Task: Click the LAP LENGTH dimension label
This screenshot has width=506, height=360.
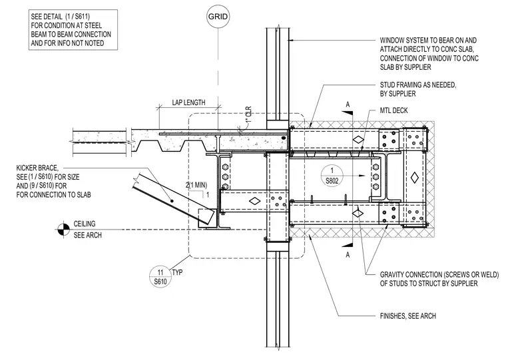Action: [188, 102]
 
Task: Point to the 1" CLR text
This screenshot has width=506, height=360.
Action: [248, 115]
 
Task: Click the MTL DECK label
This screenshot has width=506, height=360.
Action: [393, 110]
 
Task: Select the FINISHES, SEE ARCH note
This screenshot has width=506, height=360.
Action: [408, 316]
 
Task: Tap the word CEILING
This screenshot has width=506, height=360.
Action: [85, 224]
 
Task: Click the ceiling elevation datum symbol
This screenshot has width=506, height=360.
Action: [63, 230]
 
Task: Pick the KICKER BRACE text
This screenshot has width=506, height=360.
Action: [37, 168]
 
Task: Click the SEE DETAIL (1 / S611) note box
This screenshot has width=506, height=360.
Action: [73, 30]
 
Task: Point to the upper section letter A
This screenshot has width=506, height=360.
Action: [348, 104]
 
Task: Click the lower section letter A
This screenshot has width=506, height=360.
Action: [348, 255]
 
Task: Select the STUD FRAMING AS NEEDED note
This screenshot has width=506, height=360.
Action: [418, 89]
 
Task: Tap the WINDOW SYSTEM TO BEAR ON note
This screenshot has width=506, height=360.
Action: [429, 54]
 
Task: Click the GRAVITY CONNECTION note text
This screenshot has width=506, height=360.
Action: [439, 279]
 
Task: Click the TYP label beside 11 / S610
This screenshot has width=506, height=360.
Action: [177, 272]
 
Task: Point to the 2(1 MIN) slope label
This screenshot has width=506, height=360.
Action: [196, 185]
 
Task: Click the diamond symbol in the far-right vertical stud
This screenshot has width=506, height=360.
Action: [415, 178]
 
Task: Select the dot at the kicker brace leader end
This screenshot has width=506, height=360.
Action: [172, 201]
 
